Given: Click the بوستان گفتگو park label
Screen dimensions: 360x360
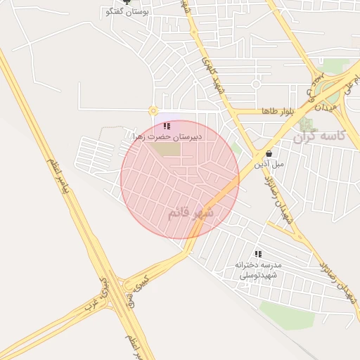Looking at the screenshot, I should click(126, 13).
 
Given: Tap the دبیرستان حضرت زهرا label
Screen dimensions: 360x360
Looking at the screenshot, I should click(167, 137).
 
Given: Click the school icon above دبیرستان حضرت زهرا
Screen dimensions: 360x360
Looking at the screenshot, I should click(167, 126).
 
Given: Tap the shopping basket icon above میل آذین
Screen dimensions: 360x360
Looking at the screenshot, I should click(269, 153).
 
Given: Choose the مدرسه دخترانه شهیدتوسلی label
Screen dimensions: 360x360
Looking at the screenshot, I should click(258, 269).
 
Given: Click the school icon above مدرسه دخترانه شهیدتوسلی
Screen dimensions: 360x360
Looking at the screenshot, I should click(258, 253).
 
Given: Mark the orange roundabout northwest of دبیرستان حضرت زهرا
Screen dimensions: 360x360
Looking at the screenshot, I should click(153, 110).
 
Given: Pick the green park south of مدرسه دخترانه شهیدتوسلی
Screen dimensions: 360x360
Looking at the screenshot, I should click(287, 314).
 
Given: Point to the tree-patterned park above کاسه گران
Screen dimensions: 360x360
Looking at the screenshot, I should click(304, 124).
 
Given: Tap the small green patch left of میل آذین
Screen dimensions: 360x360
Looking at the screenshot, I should click(237, 149).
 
